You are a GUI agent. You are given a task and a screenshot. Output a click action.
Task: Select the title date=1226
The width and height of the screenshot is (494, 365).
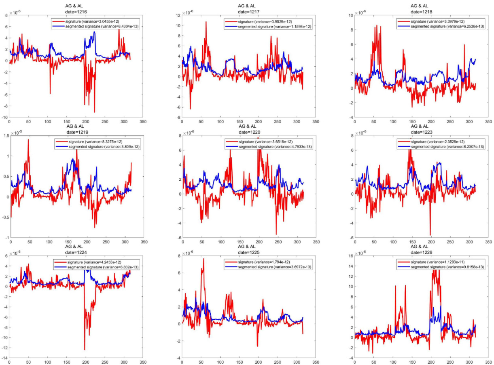click(421, 252)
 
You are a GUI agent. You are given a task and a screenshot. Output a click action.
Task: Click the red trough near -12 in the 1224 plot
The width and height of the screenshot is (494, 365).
click(85, 349)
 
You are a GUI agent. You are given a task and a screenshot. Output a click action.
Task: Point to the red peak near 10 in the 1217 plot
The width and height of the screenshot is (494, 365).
click(206, 22)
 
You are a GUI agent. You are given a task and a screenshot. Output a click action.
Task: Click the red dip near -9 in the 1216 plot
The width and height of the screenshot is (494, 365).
click(95, 112)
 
